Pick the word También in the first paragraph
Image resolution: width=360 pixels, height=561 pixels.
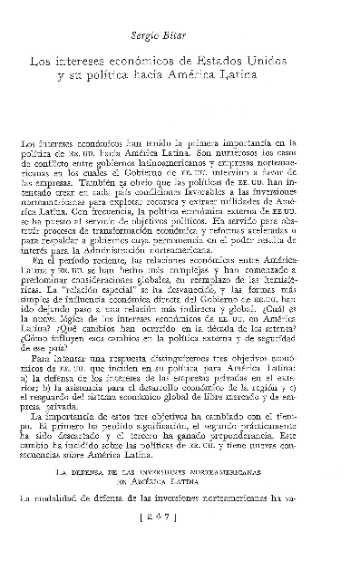coord(98,182)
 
